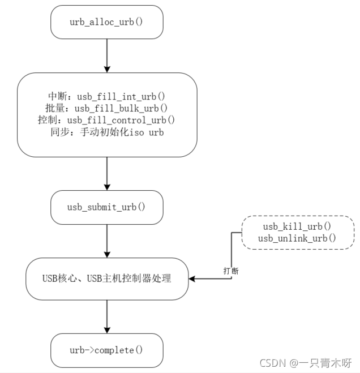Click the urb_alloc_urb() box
click(x=107, y=22)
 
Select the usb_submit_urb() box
click(x=107, y=207)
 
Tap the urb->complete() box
click(x=107, y=350)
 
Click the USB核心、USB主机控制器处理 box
click(x=107, y=278)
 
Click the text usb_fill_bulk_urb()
click(x=122, y=108)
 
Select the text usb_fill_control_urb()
click(x=121, y=120)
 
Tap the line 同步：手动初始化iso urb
click(x=107, y=132)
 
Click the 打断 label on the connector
click(x=231, y=271)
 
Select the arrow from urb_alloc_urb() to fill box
click(x=107, y=55)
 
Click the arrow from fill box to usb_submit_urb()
click(x=107, y=173)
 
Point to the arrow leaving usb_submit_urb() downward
click(x=107, y=241)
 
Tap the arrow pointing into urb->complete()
click(x=107, y=317)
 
